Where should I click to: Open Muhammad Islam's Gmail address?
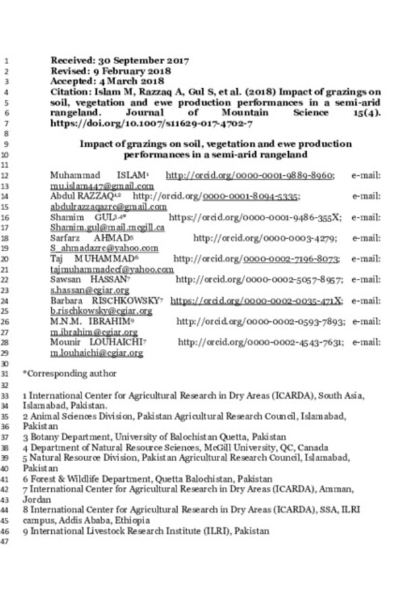(x=102, y=187)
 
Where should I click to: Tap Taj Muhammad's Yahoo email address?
(x=112, y=269)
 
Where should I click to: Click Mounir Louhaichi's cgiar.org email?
(x=97, y=353)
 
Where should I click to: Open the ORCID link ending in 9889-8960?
(x=250, y=176)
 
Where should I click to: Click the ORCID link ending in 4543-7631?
(x=261, y=343)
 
